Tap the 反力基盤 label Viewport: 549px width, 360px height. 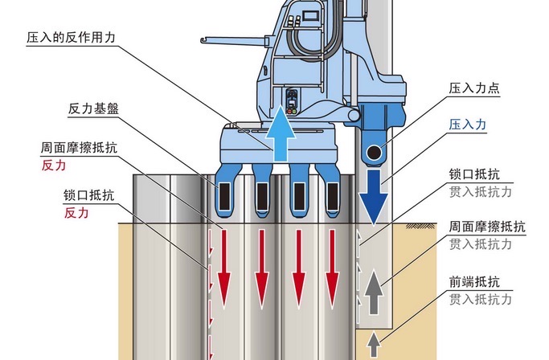point(96,108)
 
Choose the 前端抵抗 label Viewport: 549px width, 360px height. point(474,282)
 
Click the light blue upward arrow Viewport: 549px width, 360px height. point(281,132)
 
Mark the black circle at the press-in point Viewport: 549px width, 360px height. point(373,153)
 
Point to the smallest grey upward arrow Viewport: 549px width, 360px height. point(373,345)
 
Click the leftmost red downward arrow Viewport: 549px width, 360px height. point(224,261)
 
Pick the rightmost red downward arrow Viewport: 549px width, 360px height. point(332,261)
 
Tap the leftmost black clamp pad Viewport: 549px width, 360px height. point(225,194)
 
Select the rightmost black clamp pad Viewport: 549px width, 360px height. point(332,194)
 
